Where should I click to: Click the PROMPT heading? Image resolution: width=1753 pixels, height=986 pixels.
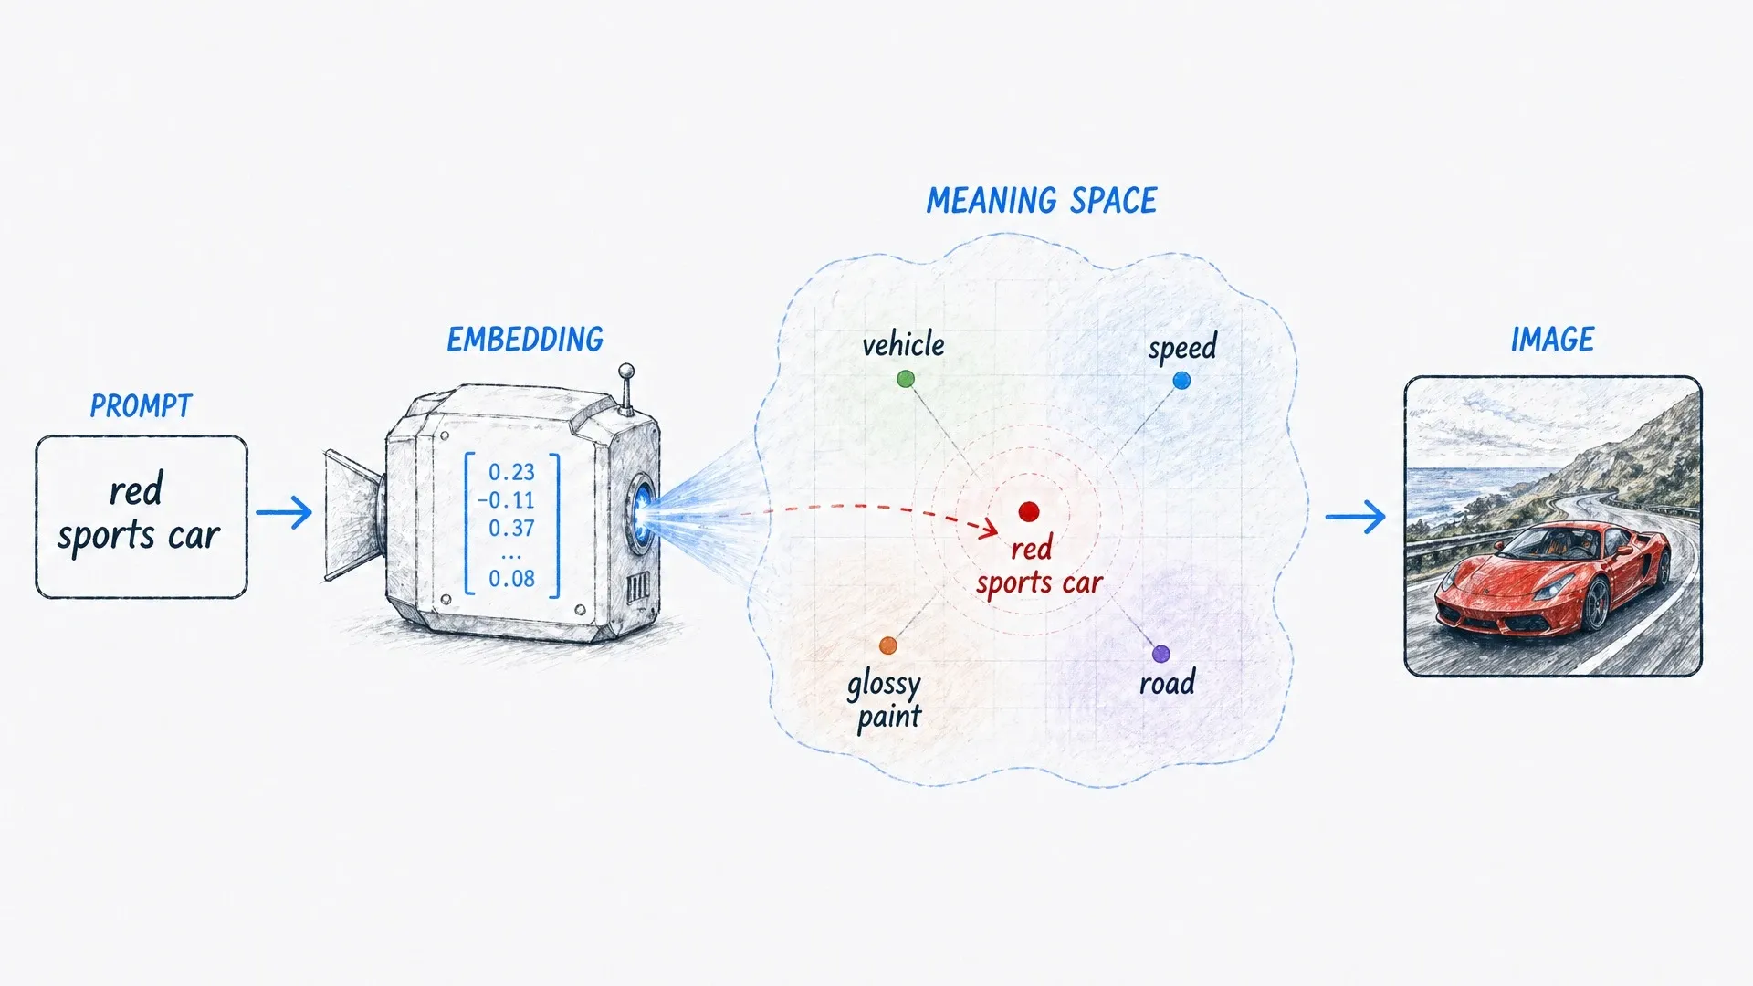(141, 406)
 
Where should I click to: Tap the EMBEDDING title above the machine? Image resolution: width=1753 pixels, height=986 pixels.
(525, 340)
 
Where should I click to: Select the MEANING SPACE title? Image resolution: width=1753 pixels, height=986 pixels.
(1042, 201)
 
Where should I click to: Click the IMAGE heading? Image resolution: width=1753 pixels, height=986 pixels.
(1552, 340)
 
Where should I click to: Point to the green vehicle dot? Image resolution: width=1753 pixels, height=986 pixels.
(906, 379)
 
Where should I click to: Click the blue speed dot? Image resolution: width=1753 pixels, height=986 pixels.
(1181, 381)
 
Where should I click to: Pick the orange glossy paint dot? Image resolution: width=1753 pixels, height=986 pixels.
(888, 646)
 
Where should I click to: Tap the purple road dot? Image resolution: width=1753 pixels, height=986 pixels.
(1160, 654)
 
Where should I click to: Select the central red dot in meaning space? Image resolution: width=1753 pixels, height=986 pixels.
(1029, 512)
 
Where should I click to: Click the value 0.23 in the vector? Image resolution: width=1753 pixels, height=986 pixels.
(511, 472)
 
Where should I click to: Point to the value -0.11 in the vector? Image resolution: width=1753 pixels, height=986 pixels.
(506, 500)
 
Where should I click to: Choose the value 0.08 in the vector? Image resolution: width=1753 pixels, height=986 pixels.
(511, 578)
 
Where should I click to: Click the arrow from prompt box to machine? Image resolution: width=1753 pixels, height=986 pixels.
(284, 512)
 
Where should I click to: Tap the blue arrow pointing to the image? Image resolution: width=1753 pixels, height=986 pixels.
(1355, 517)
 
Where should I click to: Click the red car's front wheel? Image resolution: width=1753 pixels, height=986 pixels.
(1595, 603)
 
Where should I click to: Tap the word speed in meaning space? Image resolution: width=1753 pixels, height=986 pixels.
(1182, 349)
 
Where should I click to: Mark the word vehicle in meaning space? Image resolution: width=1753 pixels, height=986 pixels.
(903, 345)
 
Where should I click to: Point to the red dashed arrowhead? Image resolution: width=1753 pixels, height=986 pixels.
(988, 527)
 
